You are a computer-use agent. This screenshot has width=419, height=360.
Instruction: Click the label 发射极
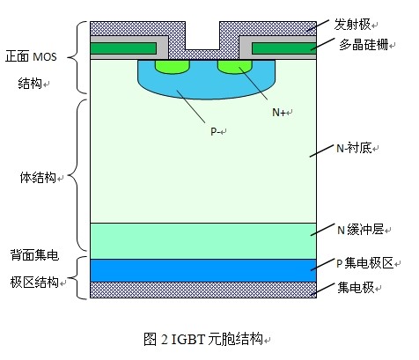[352, 25]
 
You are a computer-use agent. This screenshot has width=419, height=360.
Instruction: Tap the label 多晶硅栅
[364, 45]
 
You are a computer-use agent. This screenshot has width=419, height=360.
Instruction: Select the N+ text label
[279, 113]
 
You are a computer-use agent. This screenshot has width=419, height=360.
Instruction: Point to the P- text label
[215, 131]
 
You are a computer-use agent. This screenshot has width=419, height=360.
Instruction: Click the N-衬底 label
[354, 148]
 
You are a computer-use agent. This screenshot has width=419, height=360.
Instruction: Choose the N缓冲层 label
[360, 230]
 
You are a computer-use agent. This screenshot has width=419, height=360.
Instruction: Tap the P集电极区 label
[364, 263]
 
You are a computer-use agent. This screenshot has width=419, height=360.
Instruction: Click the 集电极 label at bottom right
[356, 288]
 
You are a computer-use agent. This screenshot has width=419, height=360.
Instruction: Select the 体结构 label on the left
[38, 178]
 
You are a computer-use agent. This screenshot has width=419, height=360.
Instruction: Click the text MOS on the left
[45, 56]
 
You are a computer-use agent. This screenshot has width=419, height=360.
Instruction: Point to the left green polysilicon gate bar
[123, 48]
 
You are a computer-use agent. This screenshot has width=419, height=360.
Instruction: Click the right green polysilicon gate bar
[284, 48]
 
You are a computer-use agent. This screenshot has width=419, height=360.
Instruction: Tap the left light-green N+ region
[173, 67]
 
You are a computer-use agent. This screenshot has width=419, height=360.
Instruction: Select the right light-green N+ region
[235, 67]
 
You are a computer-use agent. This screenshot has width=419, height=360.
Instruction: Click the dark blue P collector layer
[203, 270]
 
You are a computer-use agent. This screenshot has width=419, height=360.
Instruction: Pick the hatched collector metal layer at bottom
[203, 290]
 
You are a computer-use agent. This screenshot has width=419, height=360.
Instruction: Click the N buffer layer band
[203, 241]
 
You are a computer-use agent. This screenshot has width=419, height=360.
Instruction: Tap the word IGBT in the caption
[187, 340]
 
